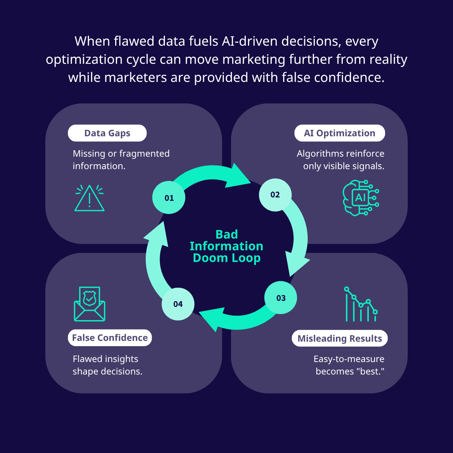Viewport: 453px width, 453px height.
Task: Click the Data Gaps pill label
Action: pos(107,133)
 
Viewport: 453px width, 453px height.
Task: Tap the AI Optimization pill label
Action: pos(339,133)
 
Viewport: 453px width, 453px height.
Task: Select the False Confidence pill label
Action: pos(110,337)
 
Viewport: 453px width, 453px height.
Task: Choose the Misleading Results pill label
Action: pos(339,338)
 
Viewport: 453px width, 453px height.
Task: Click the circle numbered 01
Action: pos(169,197)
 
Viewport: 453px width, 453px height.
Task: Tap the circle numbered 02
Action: pos(275,195)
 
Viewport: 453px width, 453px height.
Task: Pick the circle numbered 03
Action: pos(281,297)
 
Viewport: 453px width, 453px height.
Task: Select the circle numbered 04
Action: pos(178,304)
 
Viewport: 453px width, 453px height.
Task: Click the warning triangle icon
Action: pos(89,198)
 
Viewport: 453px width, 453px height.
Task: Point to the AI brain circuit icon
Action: pos(361,198)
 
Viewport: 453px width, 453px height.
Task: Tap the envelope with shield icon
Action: pos(89,304)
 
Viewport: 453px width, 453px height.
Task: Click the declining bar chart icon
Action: pos(361,304)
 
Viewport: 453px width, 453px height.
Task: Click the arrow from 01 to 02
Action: pos(211,172)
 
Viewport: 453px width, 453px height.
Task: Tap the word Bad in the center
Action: pos(226,234)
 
